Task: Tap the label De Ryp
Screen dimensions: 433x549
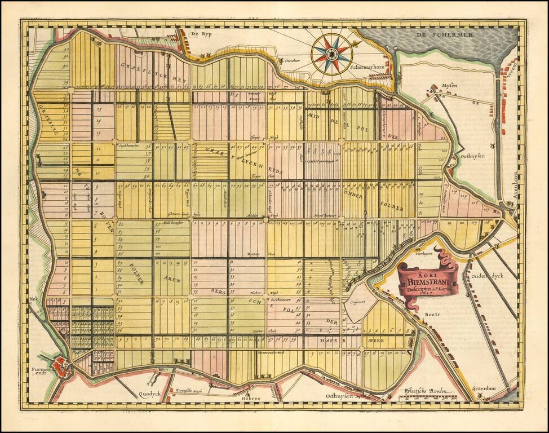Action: tap(200, 34)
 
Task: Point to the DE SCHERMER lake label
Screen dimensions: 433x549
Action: tap(445, 35)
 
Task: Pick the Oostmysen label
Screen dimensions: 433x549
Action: tap(472, 156)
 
